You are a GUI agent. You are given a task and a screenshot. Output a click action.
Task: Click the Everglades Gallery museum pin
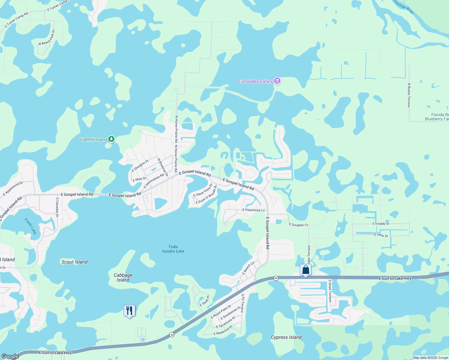point(277,81)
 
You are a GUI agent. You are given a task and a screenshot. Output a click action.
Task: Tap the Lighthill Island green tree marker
point(111,139)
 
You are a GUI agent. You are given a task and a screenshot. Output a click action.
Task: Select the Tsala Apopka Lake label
point(173,249)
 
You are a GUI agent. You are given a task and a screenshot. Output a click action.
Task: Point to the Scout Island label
point(74,262)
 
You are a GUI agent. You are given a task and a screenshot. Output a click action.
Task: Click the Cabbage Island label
point(123,277)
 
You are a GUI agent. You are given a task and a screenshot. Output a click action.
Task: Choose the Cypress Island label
point(286,337)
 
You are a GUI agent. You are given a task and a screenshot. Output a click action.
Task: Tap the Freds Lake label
point(30,226)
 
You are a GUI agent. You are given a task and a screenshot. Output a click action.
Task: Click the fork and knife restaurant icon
point(129,310)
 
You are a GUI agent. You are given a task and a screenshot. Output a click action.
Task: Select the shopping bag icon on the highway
point(306,270)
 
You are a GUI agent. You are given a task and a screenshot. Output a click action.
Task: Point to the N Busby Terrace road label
point(409,95)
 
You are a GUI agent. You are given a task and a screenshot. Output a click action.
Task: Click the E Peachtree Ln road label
point(254,210)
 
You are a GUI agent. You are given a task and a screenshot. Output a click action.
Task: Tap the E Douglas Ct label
point(298,225)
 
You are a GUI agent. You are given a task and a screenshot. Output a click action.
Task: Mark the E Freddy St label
point(381,224)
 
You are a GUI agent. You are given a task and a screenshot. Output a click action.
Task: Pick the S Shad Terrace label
point(330,291)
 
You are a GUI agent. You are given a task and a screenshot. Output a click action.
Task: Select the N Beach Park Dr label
point(47,38)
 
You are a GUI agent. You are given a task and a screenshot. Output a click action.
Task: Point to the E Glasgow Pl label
point(140,166)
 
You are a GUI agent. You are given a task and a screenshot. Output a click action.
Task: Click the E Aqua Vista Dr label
point(203,190)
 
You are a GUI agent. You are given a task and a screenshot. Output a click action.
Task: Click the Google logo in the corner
point(10,356)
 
